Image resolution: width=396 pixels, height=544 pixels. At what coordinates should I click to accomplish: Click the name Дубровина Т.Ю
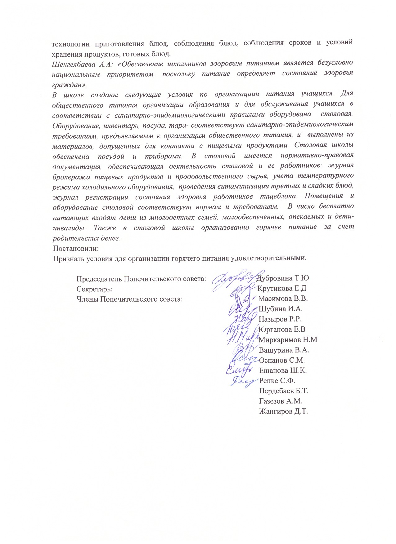point(283,278)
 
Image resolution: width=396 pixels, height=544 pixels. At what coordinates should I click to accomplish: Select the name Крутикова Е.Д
point(282,288)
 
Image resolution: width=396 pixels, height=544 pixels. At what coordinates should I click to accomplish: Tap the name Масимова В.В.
point(283,299)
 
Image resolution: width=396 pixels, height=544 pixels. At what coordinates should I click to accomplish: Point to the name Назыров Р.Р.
point(280,319)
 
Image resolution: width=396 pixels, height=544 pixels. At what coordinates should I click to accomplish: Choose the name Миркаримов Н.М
point(288,340)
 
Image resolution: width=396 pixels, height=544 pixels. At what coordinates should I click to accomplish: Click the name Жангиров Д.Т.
point(283,412)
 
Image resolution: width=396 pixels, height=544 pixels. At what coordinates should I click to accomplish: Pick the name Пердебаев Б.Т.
point(284,391)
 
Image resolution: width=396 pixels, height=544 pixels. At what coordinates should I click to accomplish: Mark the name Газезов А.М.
point(280,401)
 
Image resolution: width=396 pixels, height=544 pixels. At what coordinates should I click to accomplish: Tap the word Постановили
point(76,249)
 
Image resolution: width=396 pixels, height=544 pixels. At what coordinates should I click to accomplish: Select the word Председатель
point(99,278)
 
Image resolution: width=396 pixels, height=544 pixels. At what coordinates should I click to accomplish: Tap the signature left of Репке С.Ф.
point(244,381)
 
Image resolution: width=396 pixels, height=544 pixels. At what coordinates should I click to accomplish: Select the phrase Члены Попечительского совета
point(129,299)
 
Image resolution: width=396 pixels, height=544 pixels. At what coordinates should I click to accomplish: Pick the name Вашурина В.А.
point(284,350)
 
